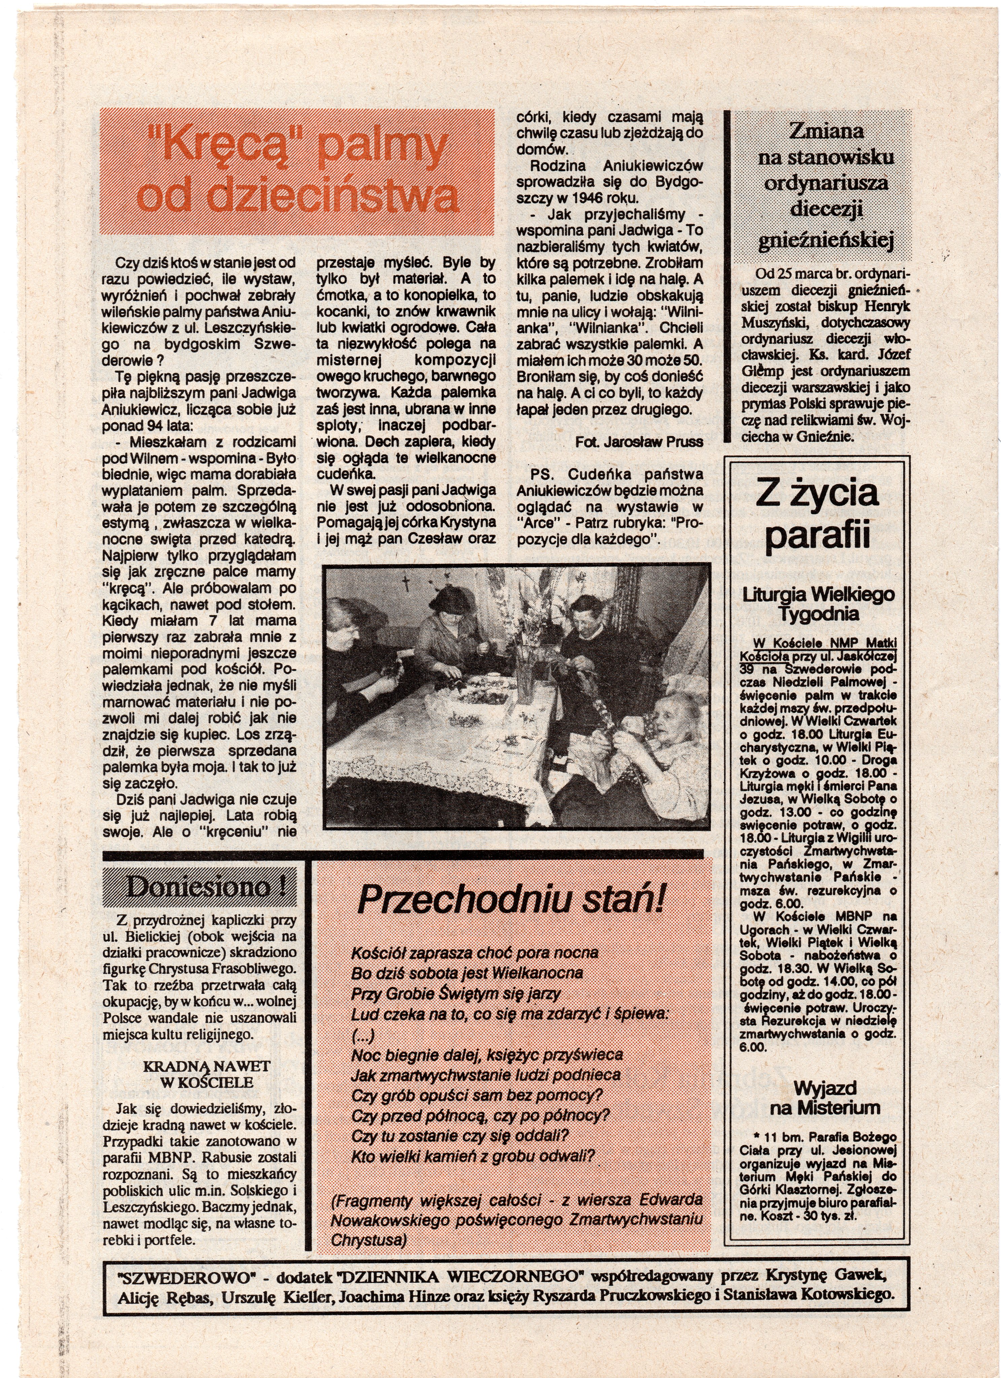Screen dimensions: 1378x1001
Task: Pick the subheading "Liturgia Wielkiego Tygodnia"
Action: [x=818, y=604]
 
